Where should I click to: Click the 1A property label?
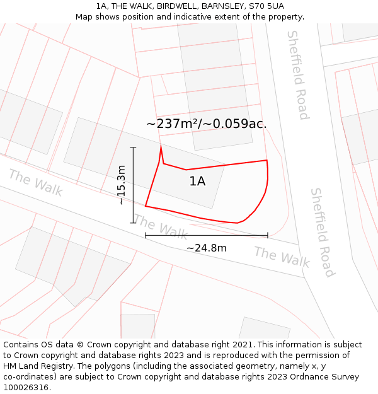pos(197,182)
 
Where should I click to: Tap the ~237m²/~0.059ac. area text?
pos(206,124)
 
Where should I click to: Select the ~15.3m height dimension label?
pos(122,185)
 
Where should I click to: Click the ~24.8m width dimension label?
pos(206,248)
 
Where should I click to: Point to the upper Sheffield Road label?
pos(297,74)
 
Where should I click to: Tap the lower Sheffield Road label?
pos(321,232)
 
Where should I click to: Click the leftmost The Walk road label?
pos(36,183)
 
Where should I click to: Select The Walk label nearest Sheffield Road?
pos(282,257)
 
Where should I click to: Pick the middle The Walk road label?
pos(161,227)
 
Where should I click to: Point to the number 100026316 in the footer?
pos(26,387)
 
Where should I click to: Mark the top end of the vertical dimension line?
pos(134,148)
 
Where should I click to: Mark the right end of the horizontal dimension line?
pos(268,236)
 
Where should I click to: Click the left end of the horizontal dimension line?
pos(146,236)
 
